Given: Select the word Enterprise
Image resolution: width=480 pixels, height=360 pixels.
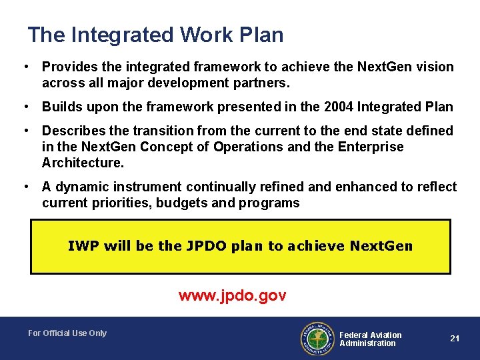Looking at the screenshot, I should tap(370, 147).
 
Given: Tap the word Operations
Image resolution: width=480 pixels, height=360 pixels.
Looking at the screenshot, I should tap(261, 147).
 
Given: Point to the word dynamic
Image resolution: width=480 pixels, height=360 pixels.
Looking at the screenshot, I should tap(81, 187).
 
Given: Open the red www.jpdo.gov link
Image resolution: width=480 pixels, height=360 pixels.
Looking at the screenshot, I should tap(232, 295).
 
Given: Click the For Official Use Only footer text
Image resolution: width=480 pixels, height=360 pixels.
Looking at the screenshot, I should tap(67, 333).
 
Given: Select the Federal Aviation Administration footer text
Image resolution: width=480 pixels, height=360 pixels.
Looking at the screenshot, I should tap(370, 339).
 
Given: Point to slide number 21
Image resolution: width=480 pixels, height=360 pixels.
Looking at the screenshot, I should tap(455, 339).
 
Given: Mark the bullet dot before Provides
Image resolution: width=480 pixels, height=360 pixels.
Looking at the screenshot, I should tap(25, 67).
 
